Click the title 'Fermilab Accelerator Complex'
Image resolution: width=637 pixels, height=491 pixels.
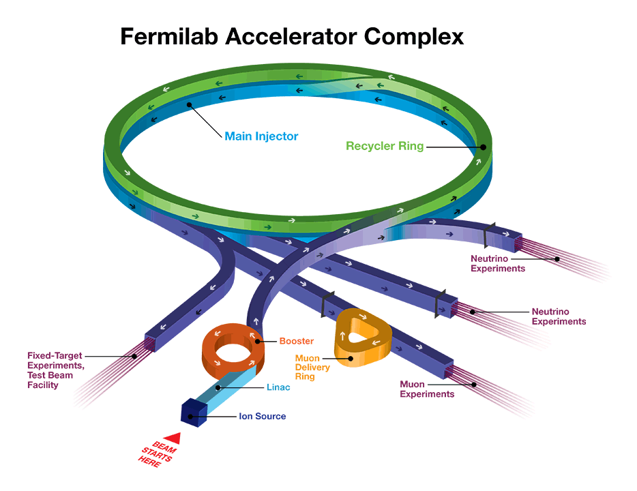292,36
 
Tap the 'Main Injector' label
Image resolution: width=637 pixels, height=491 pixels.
261,136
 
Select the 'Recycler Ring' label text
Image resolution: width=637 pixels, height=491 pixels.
385,146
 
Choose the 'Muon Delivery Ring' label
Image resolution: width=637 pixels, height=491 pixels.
312,367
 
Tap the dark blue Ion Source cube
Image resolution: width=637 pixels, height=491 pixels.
194,411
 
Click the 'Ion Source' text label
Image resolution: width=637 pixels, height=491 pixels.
262,416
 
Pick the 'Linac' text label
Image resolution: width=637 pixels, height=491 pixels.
278,387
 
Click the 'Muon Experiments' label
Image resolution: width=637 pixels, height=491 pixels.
427,389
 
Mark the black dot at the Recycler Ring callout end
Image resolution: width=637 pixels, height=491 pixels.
482,146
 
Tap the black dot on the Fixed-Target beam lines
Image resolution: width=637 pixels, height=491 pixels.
134,356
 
